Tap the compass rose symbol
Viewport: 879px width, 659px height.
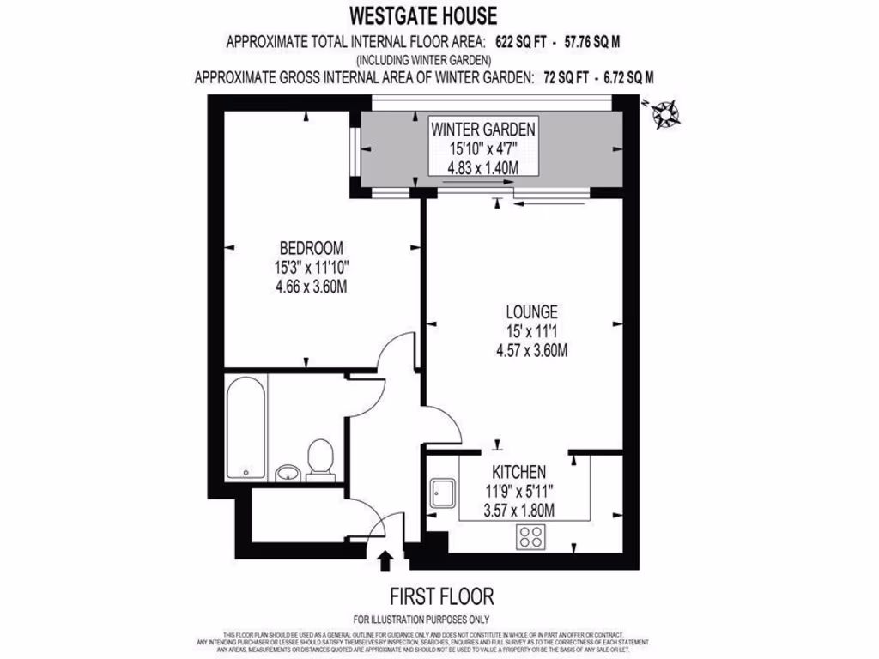(x=664, y=113)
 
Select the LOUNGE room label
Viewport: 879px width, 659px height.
(x=531, y=311)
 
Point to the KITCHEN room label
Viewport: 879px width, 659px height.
(x=518, y=472)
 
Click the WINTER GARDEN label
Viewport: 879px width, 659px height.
(x=483, y=130)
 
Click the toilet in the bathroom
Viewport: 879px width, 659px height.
(x=320, y=456)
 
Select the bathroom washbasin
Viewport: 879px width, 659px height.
(x=288, y=472)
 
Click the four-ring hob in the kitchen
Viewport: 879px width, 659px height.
(x=530, y=538)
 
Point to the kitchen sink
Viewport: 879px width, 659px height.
(x=444, y=492)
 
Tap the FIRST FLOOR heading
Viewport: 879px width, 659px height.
(x=442, y=596)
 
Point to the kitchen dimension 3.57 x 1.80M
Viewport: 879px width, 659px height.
(x=518, y=511)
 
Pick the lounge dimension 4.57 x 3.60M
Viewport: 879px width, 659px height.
(x=531, y=349)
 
